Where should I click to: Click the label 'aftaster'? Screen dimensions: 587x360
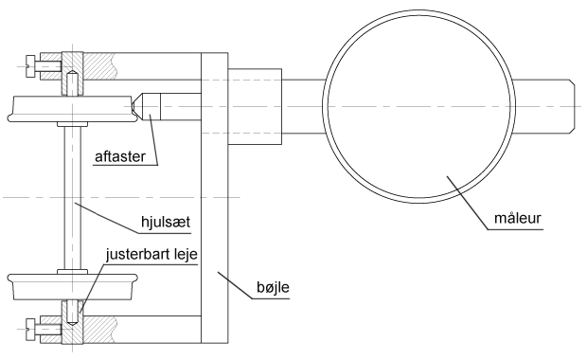pyautogui.click(x=120, y=156)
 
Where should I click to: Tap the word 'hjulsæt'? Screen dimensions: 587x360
pyautogui.click(x=166, y=222)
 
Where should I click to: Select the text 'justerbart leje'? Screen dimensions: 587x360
pyautogui.click(x=151, y=255)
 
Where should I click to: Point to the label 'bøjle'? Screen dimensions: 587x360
pyautogui.click(x=273, y=287)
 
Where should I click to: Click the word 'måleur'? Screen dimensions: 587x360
pyautogui.click(x=517, y=218)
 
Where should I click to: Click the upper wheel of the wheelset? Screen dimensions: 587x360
pyautogui.click(x=72, y=109)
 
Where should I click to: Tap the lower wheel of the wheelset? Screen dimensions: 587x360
pyautogui.click(x=72, y=286)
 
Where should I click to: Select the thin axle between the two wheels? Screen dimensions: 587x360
pyautogui.click(x=72, y=198)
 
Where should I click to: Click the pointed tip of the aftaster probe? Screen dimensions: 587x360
pyautogui.click(x=133, y=106)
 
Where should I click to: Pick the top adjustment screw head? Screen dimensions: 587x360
pyautogui.click(x=30, y=66)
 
